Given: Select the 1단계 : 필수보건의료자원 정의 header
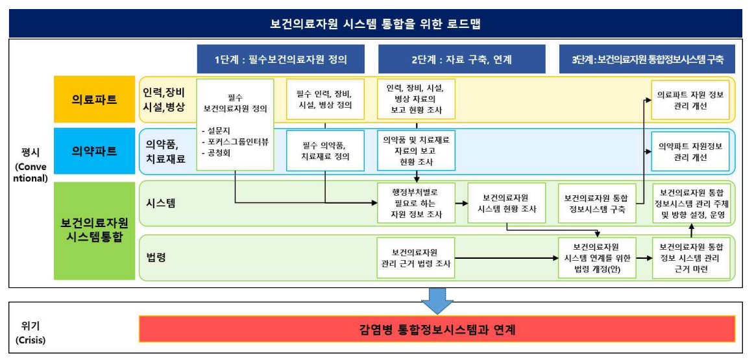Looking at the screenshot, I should click(281, 59).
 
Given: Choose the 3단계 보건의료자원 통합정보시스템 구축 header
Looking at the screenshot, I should click(647, 59).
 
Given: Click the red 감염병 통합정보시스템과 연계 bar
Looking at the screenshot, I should click(437, 329).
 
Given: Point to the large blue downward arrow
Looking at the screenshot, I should click(437, 299).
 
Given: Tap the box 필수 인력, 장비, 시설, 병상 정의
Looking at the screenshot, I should click(325, 99).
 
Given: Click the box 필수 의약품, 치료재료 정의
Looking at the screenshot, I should click(325, 150).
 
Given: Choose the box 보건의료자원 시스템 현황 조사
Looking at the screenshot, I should click(506, 203).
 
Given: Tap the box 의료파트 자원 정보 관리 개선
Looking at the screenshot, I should click(690, 99).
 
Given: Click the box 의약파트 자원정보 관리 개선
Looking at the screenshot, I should click(690, 151).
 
